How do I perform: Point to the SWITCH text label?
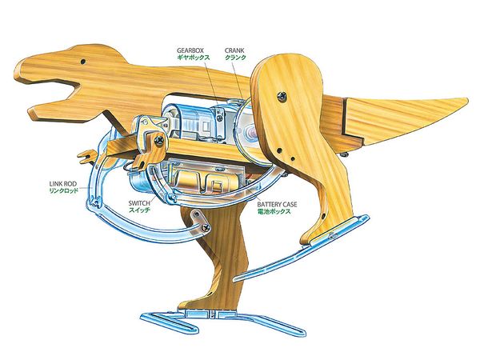click(x=142, y=204)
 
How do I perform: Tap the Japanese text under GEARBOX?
click(x=194, y=58)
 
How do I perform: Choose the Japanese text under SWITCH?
click(x=141, y=213)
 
